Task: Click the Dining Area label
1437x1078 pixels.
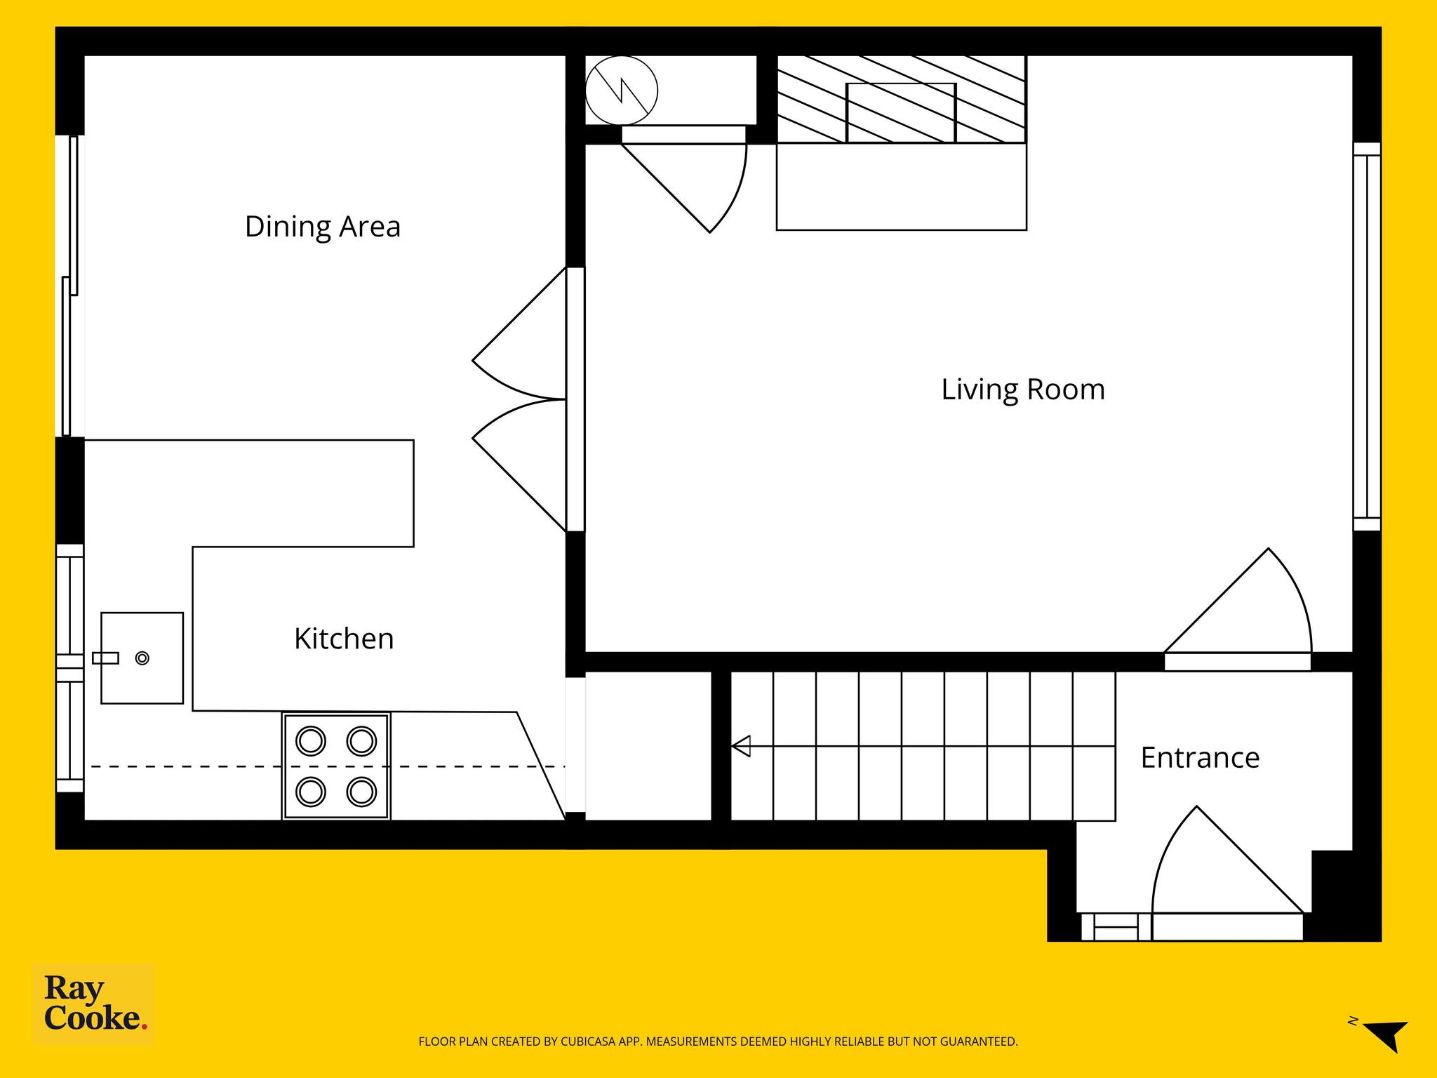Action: [323, 227]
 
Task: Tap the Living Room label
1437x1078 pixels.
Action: [1023, 390]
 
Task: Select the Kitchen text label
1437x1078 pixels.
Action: [344, 639]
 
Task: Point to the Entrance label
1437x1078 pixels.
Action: [1200, 758]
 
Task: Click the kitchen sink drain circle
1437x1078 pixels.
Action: [142, 658]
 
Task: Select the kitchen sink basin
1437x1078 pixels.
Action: [142, 658]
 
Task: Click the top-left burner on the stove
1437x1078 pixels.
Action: [311, 741]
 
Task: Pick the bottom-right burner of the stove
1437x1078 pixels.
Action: [362, 792]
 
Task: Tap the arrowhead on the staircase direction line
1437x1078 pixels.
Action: [741, 746]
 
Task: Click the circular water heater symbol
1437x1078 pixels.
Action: [622, 91]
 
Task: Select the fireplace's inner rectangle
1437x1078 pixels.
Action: [902, 113]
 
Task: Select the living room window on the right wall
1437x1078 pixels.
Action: [1367, 337]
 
